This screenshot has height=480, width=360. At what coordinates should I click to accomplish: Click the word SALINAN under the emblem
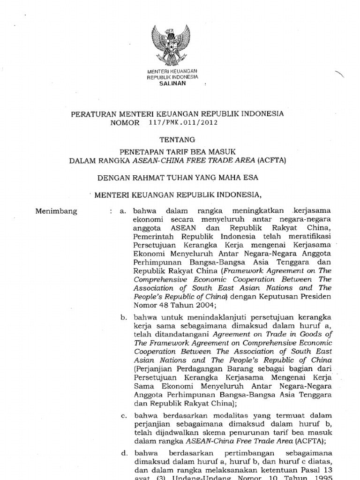[x=173, y=83]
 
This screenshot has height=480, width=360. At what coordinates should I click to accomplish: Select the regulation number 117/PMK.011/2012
[x=183, y=123]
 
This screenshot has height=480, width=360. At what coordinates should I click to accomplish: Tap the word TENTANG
[x=176, y=140]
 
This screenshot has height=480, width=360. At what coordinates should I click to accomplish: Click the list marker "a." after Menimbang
[x=123, y=211]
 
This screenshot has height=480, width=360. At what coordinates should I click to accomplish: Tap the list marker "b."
[x=124, y=317]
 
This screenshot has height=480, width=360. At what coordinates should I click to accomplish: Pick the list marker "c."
[x=123, y=415]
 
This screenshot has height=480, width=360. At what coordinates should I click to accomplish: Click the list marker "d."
[x=124, y=453]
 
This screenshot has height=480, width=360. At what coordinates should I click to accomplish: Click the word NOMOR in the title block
[x=125, y=123]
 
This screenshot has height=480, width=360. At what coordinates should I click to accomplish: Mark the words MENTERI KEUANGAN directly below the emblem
[x=173, y=70]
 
